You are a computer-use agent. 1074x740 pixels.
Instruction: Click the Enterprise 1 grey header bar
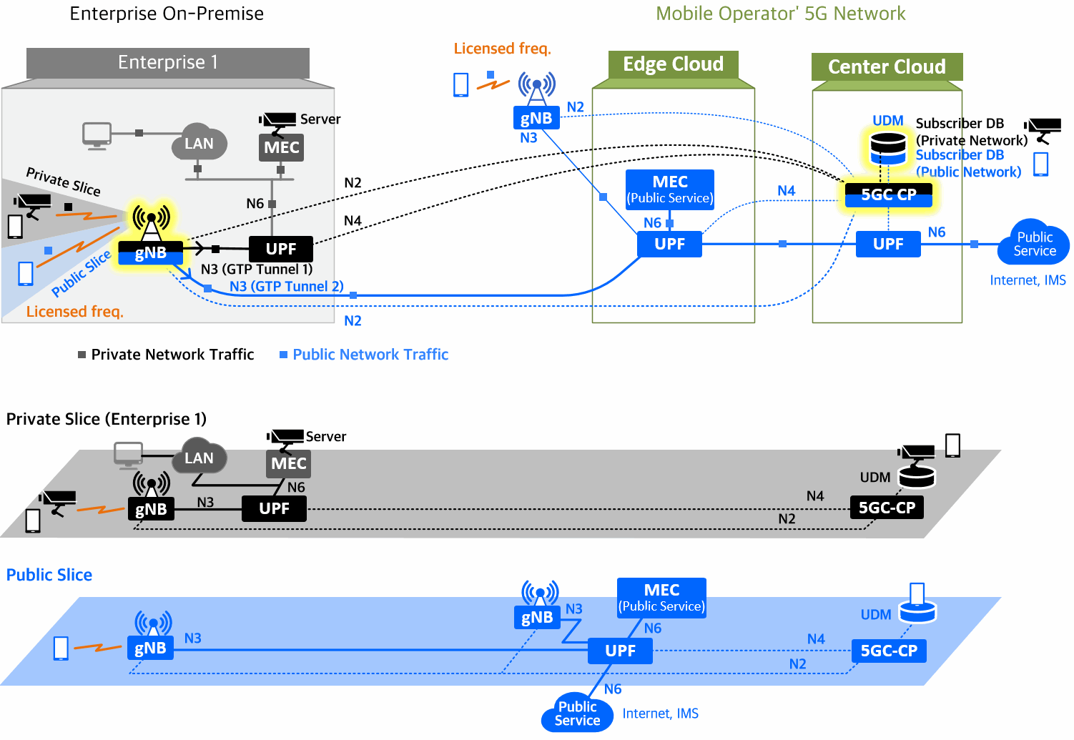[168, 63]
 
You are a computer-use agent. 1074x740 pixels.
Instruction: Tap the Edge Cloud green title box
[673, 64]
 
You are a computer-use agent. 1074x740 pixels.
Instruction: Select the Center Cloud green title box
[887, 66]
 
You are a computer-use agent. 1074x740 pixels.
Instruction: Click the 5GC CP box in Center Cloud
[888, 194]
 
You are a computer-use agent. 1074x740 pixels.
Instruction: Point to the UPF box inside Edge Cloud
[669, 244]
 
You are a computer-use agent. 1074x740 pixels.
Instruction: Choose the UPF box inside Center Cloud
[888, 244]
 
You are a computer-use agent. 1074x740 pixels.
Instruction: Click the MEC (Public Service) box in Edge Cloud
[670, 189]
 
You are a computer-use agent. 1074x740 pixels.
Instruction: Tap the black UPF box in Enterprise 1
[281, 249]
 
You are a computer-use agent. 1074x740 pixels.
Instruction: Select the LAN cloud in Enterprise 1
[199, 144]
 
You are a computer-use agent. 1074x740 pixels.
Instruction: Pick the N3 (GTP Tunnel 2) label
[286, 287]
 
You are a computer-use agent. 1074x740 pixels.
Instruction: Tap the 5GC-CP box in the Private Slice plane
[887, 508]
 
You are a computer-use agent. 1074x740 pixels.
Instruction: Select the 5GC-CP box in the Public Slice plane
[889, 651]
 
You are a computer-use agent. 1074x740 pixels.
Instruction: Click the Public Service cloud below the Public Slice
[578, 714]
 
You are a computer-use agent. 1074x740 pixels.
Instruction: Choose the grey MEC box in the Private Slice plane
[288, 463]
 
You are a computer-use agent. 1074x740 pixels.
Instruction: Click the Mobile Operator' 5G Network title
[780, 14]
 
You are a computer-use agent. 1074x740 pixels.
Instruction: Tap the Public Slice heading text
[49, 575]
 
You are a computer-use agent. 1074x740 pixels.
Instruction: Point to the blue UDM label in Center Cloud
[887, 121]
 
